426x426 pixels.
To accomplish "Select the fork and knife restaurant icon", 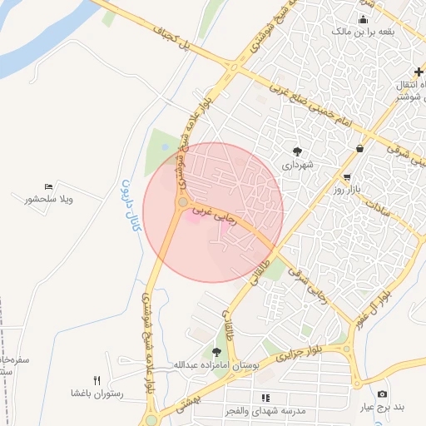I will (x=97, y=380).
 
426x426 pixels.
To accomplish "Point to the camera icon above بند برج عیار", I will (x=382, y=394).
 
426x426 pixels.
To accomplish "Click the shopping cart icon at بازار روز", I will (x=347, y=177).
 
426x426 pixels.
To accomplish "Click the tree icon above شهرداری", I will (x=297, y=151).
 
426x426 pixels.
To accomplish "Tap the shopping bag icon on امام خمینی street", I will (x=359, y=148).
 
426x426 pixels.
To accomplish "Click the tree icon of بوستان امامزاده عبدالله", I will (x=217, y=352).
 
